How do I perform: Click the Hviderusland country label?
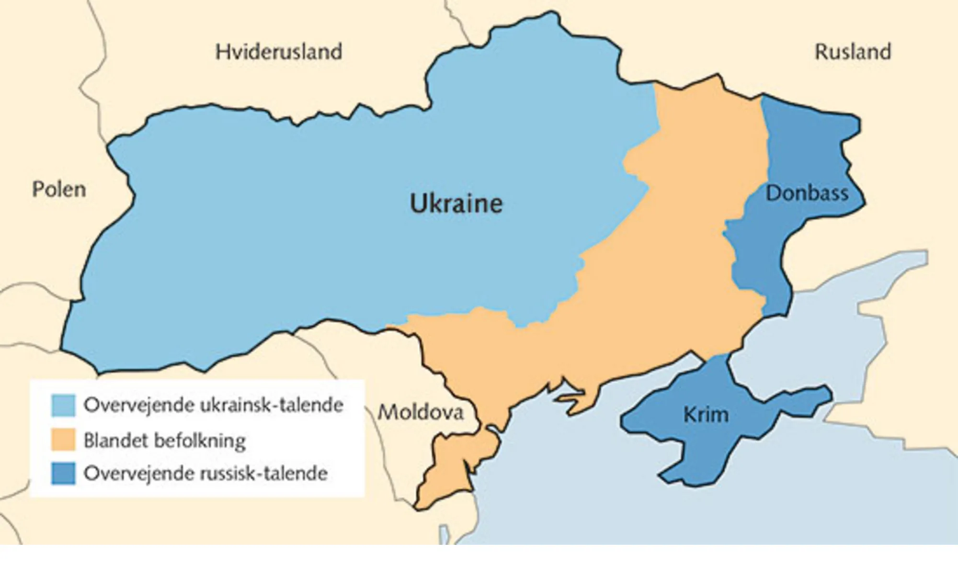[279, 52]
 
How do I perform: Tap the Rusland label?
[853, 52]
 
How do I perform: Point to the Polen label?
[59, 190]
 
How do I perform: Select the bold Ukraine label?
[456, 203]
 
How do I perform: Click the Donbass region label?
[807, 193]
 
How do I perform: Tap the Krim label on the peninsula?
[706, 415]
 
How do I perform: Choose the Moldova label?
[421, 412]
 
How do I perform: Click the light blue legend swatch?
[63, 405]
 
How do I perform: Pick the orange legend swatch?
[63, 440]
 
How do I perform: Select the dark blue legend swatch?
[63, 474]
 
